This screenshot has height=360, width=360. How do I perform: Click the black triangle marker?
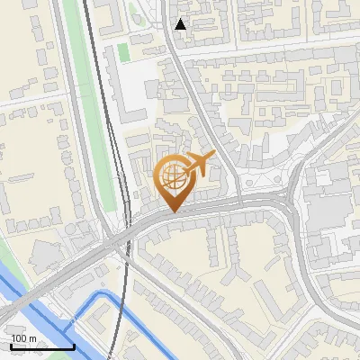[x=181, y=24]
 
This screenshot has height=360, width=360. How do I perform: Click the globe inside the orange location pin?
[x=171, y=175]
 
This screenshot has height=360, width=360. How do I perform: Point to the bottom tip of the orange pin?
[x=173, y=211]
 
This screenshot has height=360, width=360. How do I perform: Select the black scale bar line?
[x=42, y=346]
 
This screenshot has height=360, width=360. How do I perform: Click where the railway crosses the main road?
[x=118, y=241]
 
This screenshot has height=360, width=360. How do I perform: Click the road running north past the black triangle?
[x=171, y=54]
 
